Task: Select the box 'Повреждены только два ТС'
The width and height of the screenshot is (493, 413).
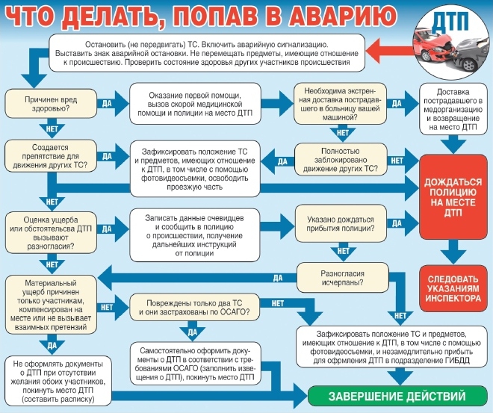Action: tap(195, 306)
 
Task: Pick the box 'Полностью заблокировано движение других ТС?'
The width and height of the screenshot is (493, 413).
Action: tap(341, 160)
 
